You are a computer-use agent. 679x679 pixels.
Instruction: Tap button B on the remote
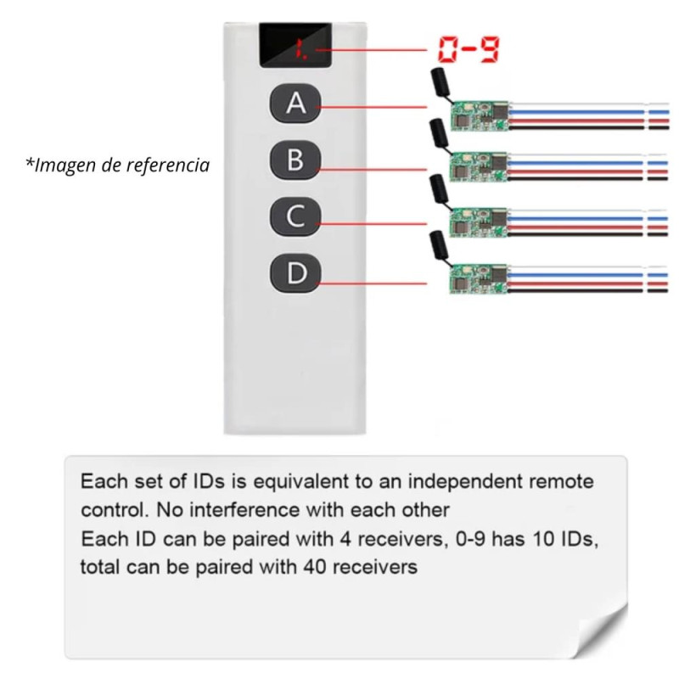click(x=295, y=160)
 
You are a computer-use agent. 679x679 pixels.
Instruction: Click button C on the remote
click(x=295, y=216)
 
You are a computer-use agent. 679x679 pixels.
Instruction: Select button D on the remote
click(x=295, y=273)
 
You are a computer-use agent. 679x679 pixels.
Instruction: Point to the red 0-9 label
click(x=468, y=51)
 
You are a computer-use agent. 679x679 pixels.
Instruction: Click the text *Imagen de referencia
click(x=117, y=165)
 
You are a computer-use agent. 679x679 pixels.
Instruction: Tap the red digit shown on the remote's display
click(x=299, y=51)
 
